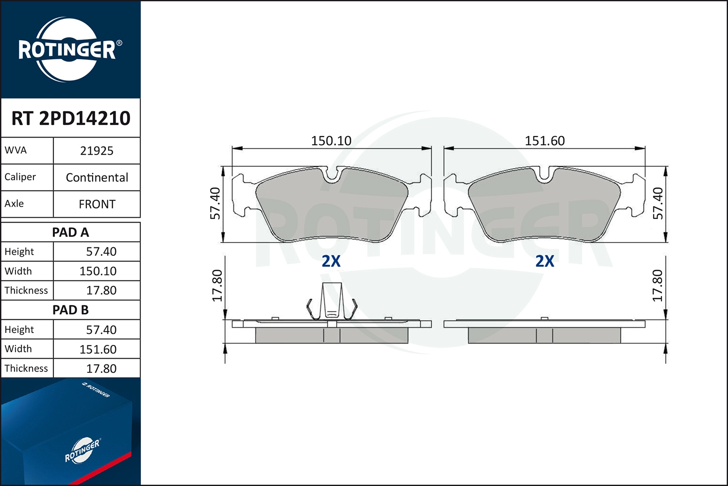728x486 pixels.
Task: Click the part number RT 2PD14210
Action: click(x=71, y=118)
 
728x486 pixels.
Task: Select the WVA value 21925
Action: click(x=97, y=151)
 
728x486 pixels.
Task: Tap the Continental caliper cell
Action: click(x=97, y=177)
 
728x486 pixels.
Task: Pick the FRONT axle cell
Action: click(x=97, y=204)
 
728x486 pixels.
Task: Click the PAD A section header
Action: click(x=70, y=232)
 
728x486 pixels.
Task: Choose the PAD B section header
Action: click(x=70, y=310)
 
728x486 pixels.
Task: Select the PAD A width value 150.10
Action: click(x=98, y=271)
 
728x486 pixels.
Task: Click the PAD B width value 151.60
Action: click(x=98, y=349)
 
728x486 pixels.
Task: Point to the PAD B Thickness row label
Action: click(x=26, y=368)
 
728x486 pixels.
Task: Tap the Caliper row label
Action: click(x=20, y=177)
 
